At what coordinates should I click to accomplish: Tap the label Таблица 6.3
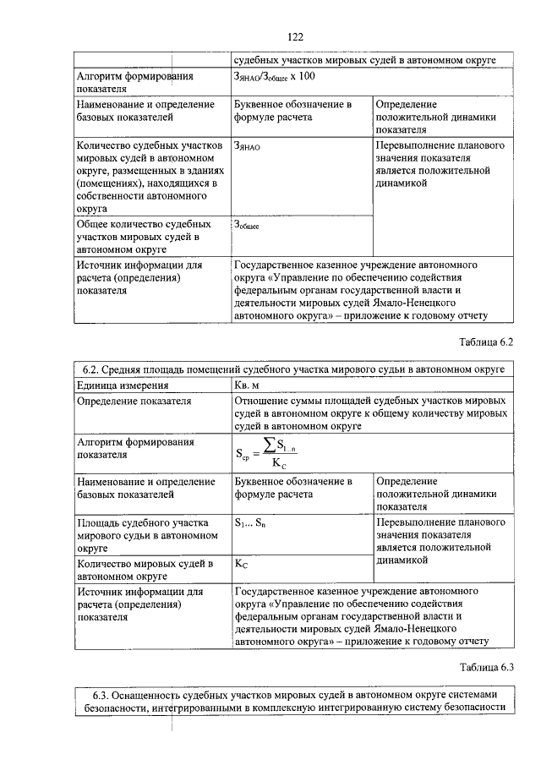pyautogui.click(x=486, y=666)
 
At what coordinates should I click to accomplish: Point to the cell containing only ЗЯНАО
pyautogui.click(x=248, y=145)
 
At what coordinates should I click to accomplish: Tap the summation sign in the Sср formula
pyautogui.click(x=269, y=444)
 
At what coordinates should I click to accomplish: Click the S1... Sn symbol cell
pyautogui.click(x=254, y=522)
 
